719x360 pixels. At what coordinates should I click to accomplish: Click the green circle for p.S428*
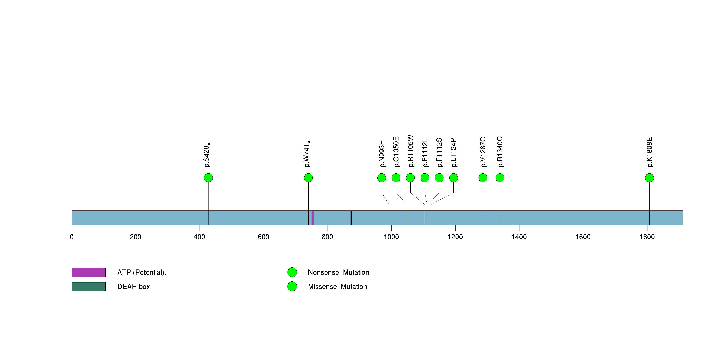click(x=208, y=178)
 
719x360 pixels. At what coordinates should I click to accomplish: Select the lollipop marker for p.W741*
click(x=308, y=178)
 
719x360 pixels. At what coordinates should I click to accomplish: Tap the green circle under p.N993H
click(x=382, y=178)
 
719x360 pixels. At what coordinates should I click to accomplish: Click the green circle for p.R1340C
click(x=500, y=178)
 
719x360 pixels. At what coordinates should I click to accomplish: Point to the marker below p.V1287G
click(x=483, y=178)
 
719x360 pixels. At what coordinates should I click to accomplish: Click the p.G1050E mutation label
click(x=396, y=152)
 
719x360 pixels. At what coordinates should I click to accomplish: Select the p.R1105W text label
click(x=411, y=151)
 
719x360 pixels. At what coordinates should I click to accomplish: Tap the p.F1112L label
click(x=425, y=153)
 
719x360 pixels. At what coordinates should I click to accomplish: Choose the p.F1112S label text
click(x=439, y=153)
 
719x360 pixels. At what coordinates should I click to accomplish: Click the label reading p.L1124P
click(x=454, y=153)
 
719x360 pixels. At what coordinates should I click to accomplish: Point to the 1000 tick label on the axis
click(x=391, y=237)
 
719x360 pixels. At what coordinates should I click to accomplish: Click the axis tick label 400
click(x=200, y=237)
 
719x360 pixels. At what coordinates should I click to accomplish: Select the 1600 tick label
click(x=583, y=237)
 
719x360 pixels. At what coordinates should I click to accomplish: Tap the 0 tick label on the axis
click(x=72, y=237)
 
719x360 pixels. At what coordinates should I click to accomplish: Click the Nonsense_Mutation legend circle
click(x=292, y=272)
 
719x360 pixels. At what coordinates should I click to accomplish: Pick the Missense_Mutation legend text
click(x=337, y=287)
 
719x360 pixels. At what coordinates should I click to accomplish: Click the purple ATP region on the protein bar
click(x=313, y=218)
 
